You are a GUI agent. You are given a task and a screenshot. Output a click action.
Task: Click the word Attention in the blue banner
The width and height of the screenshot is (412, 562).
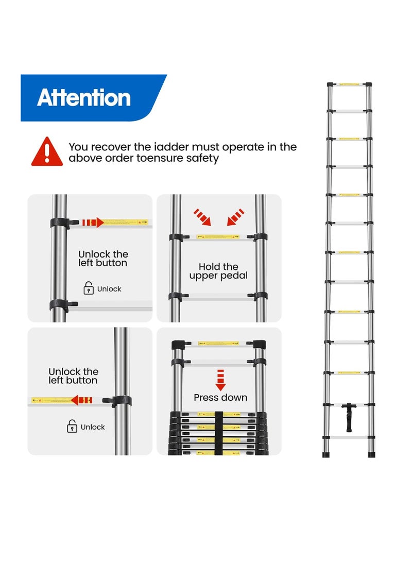click(x=84, y=98)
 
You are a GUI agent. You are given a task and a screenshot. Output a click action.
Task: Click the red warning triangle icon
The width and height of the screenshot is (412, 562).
click(x=47, y=152)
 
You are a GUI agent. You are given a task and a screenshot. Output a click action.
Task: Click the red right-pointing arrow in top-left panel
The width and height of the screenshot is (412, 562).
click(x=93, y=223)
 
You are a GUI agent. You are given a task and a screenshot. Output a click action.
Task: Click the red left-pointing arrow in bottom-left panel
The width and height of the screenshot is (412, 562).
click(x=81, y=400)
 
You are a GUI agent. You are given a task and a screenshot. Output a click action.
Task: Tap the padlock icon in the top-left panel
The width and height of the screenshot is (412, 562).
click(x=89, y=288)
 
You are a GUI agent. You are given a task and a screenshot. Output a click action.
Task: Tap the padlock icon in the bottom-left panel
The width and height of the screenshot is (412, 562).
click(x=72, y=427)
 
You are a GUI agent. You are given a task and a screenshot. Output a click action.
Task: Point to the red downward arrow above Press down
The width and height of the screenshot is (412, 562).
click(x=220, y=380)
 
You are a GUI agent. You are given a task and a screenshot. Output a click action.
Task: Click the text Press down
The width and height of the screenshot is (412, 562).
click(x=220, y=397)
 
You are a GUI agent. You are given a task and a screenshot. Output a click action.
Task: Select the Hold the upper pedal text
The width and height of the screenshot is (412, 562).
click(x=218, y=271)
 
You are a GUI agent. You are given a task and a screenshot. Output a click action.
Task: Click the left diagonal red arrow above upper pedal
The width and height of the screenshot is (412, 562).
click(x=202, y=217)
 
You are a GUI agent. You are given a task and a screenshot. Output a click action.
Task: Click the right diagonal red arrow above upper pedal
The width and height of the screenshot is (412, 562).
click(x=235, y=217)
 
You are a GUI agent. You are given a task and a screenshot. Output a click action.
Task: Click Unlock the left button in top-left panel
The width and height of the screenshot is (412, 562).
click(x=103, y=259)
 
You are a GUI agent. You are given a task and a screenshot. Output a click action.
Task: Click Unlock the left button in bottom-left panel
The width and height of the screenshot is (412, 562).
click(x=73, y=376)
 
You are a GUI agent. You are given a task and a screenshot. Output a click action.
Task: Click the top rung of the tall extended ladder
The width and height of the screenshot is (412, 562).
click(x=350, y=84)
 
